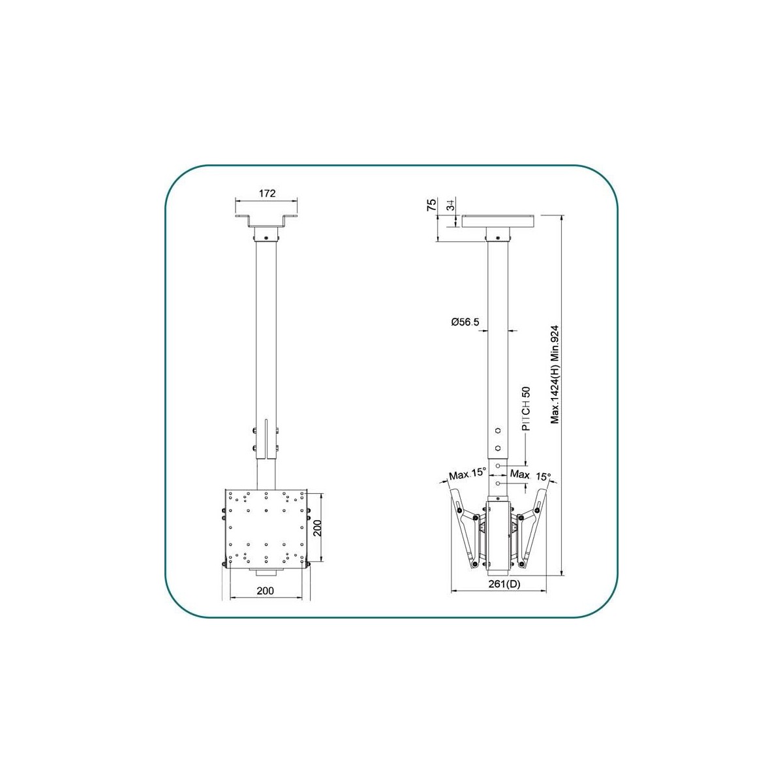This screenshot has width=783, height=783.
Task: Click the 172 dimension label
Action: (x=267, y=193)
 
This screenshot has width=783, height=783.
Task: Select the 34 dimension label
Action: (x=451, y=206)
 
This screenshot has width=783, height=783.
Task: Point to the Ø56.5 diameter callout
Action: (x=465, y=322)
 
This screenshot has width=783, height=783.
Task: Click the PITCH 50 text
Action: (x=526, y=408)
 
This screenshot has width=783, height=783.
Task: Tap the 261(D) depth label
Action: (x=504, y=584)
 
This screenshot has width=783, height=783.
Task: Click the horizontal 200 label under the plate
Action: (x=266, y=591)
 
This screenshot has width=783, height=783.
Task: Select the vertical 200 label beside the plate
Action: (x=318, y=528)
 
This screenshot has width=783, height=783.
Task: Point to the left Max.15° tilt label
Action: (x=467, y=473)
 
